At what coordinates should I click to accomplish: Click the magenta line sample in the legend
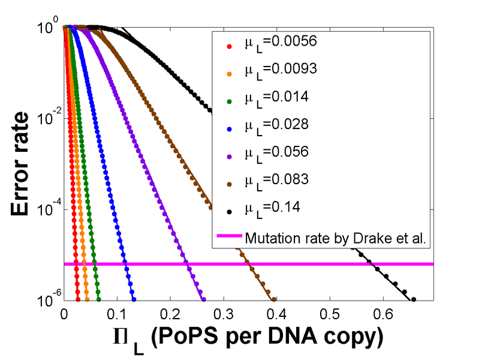(x=230, y=236)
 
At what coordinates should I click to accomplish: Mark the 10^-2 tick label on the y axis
(x=47, y=118)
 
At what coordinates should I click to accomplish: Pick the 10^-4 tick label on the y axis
(x=47, y=209)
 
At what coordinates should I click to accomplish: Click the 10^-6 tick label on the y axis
(x=47, y=300)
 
